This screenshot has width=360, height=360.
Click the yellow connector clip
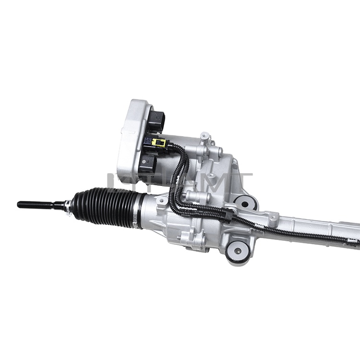tap(158, 143)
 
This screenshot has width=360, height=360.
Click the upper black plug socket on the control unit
tap(156, 120)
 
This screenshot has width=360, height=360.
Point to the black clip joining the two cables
tap(228, 216)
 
